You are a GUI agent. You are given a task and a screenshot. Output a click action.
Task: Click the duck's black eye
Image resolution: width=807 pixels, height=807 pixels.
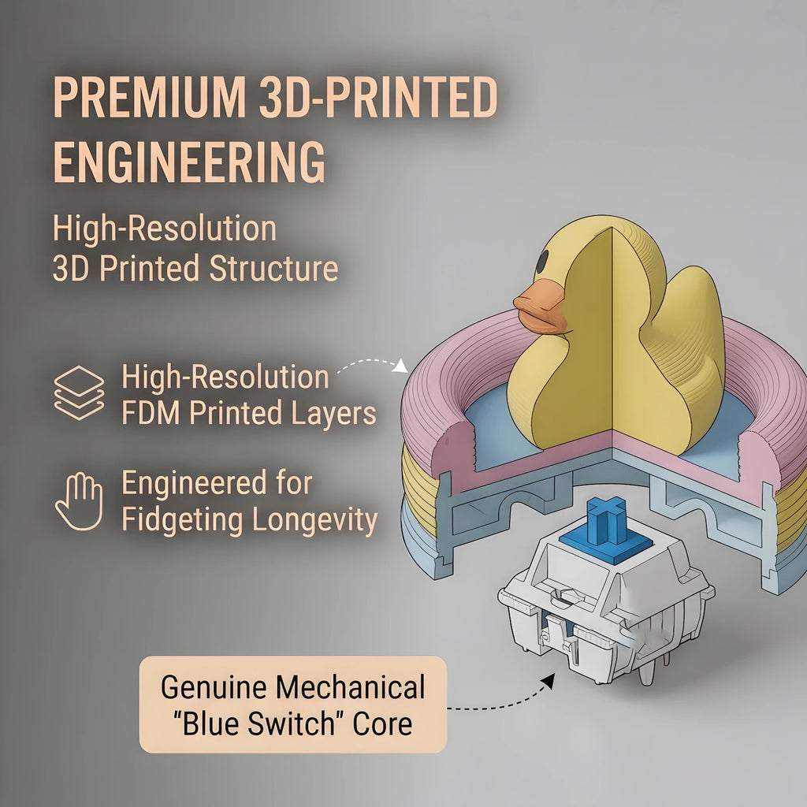pos(542,261)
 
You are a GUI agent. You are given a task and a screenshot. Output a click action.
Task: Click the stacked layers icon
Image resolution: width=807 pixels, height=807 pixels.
pos(80,392)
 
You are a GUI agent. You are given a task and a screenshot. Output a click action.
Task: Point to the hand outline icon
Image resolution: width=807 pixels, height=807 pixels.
pos(80,501)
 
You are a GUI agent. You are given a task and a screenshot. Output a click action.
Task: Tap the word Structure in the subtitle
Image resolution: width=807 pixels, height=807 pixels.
pos(273,268)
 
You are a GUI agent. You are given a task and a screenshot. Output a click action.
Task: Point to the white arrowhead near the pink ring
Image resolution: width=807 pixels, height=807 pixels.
pos(401,366)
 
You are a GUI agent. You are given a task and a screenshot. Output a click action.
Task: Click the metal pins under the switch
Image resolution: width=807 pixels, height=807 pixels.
pos(648,671)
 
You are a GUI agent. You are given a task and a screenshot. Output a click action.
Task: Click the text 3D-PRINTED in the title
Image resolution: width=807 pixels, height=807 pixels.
pos(378,97)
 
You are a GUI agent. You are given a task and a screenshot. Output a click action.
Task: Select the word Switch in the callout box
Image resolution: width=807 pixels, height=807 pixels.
pos(292,723)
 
